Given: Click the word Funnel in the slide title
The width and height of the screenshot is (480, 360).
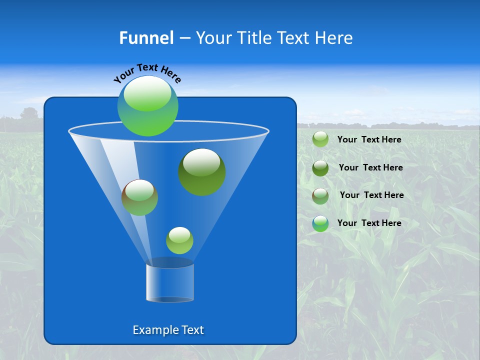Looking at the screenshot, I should click(x=146, y=38).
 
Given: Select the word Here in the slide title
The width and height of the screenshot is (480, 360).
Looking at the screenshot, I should click(x=335, y=38).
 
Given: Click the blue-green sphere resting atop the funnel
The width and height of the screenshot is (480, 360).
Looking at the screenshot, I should click(x=148, y=106).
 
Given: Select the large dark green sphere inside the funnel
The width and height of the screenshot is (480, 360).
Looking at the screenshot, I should click(x=202, y=172).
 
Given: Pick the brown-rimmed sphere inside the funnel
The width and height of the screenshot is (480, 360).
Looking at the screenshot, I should click(x=140, y=197).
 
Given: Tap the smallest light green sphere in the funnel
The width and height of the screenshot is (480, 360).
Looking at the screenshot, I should click(x=179, y=240).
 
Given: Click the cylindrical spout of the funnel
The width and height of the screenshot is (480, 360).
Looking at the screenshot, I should click(x=170, y=282).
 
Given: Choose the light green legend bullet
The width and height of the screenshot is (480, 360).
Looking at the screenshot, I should click(x=320, y=139).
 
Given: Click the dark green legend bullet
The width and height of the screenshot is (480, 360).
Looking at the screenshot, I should click(x=320, y=168).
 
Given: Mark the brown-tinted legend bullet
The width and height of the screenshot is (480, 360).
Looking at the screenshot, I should click(x=320, y=196).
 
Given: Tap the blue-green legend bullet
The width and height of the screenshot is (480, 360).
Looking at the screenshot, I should click(x=320, y=223).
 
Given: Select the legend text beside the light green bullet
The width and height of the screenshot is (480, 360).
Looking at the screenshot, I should click(x=369, y=140).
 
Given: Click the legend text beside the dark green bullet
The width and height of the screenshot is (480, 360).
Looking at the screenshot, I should click(x=370, y=168).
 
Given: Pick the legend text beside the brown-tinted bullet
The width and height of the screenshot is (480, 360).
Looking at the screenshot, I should click(x=371, y=195).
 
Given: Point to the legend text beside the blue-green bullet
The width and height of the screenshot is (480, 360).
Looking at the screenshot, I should click(x=369, y=223).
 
